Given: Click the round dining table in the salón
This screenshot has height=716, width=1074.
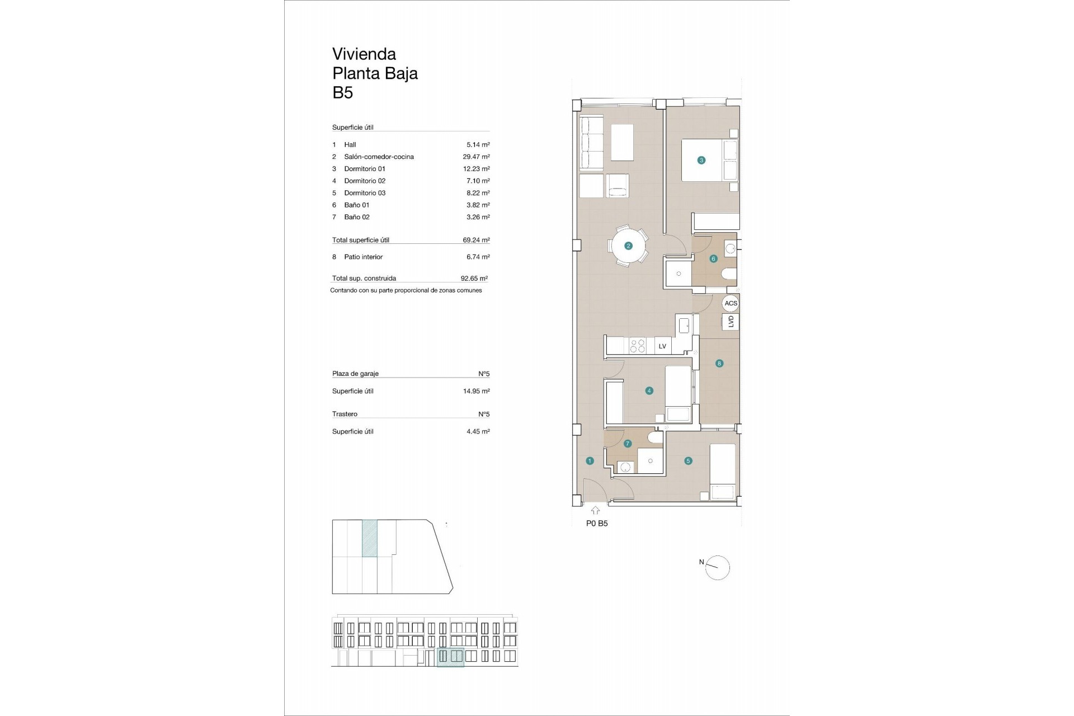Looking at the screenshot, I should [x=628, y=246].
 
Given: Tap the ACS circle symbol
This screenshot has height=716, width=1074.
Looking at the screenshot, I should [x=731, y=303].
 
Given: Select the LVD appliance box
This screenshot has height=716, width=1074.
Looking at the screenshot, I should [x=731, y=322].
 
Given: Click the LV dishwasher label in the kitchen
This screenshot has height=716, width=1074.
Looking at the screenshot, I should [x=662, y=346].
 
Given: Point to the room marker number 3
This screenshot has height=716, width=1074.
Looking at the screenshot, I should [x=701, y=160].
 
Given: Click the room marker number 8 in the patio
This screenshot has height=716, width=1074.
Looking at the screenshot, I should [x=719, y=363].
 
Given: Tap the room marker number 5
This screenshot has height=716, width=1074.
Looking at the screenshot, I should [x=688, y=461].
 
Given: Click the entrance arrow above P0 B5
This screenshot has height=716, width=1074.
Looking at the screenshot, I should [x=595, y=510].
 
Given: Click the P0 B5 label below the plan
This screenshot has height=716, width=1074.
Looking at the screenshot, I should [x=597, y=524].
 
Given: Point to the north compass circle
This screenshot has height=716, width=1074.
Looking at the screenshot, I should [x=718, y=568].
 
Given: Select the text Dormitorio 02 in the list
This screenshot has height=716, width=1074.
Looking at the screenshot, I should [x=365, y=181].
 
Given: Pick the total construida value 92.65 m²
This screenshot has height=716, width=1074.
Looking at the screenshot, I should [x=474, y=278].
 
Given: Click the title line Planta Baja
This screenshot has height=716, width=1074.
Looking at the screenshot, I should [x=375, y=73].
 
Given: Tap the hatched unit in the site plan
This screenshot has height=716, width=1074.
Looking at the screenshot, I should [x=370, y=538].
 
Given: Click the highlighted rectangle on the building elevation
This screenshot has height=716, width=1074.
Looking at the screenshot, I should [x=450, y=657].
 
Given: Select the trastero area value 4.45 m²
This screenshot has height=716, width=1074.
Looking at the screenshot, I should [x=478, y=431].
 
